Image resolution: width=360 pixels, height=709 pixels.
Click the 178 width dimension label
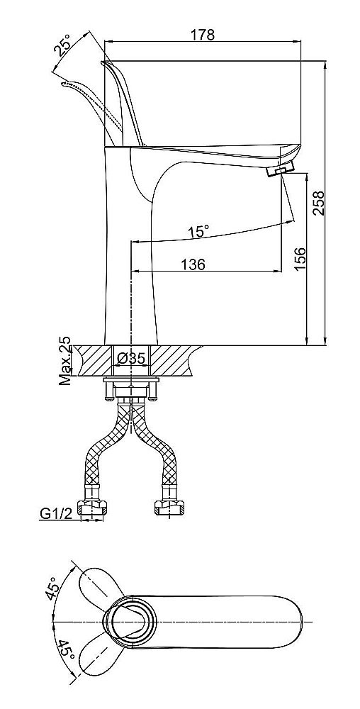pyautogui.click(x=202, y=35)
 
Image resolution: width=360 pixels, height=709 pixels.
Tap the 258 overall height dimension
pyautogui.click(x=319, y=203)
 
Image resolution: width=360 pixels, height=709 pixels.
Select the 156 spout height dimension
pyautogui.click(x=300, y=259)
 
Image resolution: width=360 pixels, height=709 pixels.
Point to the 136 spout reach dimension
pyautogui.click(x=193, y=264)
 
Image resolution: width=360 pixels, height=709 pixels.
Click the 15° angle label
pyautogui.click(x=198, y=232)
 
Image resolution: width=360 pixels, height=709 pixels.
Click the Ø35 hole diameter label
pyautogui.click(x=130, y=359)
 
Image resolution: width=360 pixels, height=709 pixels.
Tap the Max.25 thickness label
pyautogui.click(x=65, y=360)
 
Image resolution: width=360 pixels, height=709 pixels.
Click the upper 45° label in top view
pyautogui.click(x=52, y=588)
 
